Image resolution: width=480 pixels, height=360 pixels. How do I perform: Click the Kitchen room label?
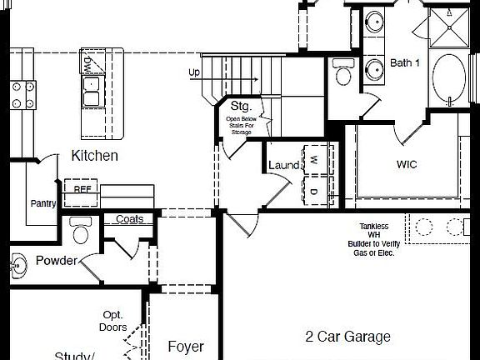point(94,156)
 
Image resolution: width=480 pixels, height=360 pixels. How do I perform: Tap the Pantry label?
point(42,203)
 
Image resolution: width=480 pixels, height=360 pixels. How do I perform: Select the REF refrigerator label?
point(82,188)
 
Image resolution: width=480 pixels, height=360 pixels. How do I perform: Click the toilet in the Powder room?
point(81,228)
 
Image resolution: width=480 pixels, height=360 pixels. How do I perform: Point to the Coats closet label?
point(129,219)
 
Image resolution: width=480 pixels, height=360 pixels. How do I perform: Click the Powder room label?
point(56,261)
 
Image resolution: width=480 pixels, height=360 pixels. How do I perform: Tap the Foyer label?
point(186,346)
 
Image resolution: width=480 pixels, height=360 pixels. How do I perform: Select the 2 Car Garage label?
point(347,337)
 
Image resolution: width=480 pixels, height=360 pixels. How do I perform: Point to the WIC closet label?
point(407,164)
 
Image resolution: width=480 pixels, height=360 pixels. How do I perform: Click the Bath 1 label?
point(405,63)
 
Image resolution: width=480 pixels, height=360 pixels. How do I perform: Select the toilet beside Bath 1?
point(342,73)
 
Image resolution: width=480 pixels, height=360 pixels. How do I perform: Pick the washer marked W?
point(315,159)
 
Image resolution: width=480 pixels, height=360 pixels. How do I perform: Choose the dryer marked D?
point(315,191)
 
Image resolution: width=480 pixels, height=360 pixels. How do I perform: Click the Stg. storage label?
point(241,107)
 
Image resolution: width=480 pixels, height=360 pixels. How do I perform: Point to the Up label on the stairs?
point(194,72)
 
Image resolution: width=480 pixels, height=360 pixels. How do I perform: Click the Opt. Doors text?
point(114,321)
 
